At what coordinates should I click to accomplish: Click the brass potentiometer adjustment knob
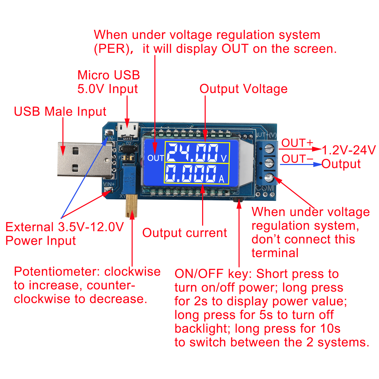131,206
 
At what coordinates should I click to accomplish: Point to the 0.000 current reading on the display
191,174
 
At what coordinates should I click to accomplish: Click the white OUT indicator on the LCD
156,158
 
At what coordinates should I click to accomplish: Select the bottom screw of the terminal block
269,178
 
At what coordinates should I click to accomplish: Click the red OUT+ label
297,143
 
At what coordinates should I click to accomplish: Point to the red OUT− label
297,159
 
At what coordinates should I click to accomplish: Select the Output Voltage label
243,89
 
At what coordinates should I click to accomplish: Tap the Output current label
184,233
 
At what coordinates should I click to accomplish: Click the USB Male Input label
60,111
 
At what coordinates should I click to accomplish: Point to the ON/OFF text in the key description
199,274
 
